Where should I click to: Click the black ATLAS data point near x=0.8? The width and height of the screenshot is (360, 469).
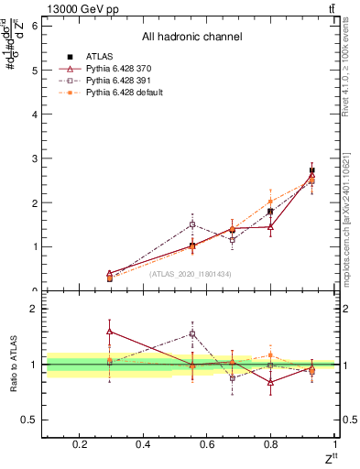(x=270, y=212)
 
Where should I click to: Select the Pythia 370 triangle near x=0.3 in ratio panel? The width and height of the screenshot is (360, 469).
(x=110, y=332)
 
